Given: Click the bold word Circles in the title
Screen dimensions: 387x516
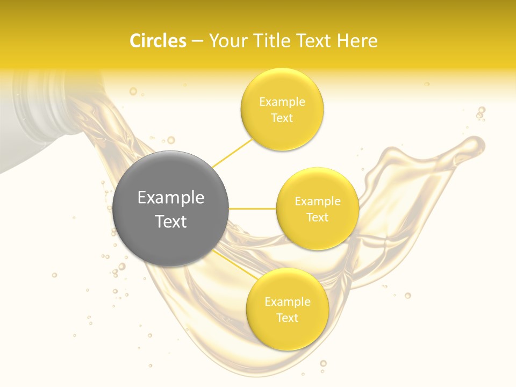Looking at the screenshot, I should coord(158,41).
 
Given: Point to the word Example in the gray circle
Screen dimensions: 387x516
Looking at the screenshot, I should coord(171,198).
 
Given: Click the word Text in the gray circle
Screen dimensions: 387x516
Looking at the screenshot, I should coord(171,221).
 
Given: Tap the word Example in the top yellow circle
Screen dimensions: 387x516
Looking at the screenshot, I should coord(282,102).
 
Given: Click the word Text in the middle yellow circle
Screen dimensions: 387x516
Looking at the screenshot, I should coord(317,217).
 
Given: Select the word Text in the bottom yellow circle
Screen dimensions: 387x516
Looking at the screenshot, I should coord(287,318).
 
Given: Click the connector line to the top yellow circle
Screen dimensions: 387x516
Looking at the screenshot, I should coord(232,153).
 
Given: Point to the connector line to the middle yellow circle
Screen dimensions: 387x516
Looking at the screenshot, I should coord(252,209).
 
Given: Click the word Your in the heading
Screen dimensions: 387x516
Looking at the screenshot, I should coord(226,41).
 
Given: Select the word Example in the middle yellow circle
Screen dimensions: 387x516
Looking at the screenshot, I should coord(317,202).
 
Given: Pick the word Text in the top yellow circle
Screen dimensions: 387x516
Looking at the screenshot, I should coord(282,118).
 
